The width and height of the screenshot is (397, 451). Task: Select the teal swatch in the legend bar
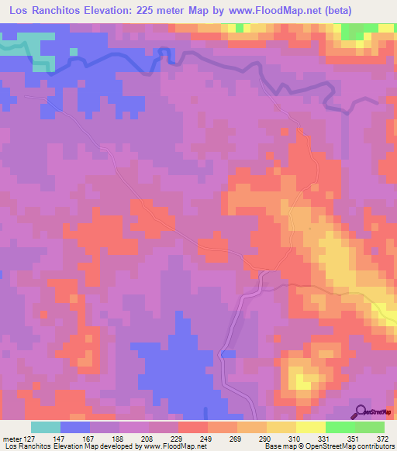click(x=46, y=427)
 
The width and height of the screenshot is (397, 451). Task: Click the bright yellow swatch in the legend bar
click(x=310, y=427)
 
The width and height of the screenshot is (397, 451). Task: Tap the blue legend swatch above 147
click(x=75, y=427)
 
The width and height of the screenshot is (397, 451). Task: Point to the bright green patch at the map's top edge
click(x=354, y=30)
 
